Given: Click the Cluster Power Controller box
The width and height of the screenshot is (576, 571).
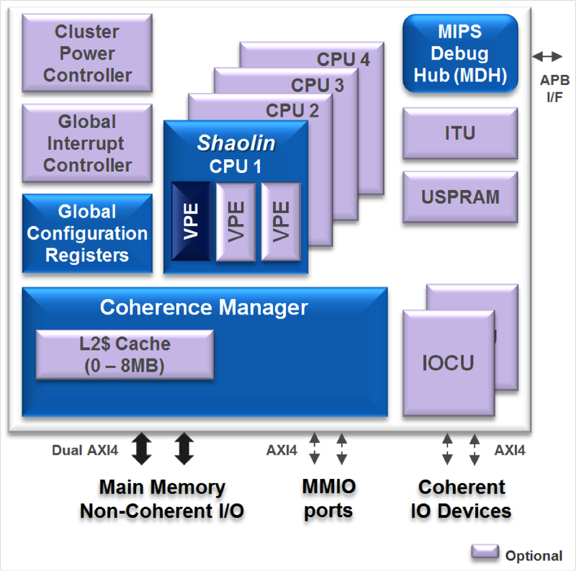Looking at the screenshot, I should click(88, 53).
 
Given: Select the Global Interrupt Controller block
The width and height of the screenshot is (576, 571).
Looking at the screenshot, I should click(88, 143).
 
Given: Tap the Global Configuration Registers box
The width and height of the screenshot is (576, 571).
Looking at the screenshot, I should click(88, 233).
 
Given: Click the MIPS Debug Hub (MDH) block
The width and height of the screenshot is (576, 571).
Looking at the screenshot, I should click(460, 54).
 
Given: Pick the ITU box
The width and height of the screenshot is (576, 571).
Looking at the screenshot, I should click(460, 133).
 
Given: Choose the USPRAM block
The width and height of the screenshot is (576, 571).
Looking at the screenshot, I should click(460, 197).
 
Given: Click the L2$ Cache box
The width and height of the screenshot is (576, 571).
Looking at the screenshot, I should click(125, 354).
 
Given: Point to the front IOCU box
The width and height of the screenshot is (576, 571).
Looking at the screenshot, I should click(448, 362).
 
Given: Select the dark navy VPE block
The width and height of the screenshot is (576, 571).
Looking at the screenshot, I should click(191, 222).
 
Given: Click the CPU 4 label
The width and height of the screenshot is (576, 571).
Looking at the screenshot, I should click(343, 60).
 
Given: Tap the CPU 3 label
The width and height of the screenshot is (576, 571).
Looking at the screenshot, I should click(318, 85).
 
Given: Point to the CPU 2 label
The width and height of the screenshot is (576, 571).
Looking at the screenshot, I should click(292, 111).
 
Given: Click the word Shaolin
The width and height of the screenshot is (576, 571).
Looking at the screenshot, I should click(236, 143).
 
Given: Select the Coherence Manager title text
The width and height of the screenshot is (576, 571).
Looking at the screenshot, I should click(204, 307).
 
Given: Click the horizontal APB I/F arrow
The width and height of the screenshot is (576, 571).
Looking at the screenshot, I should click(549, 55).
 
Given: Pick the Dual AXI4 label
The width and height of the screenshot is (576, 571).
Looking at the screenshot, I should click(86, 451).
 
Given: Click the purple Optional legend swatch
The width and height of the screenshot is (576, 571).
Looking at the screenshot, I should click(485, 552).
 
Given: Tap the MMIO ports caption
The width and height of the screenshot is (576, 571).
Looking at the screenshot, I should click(328, 499).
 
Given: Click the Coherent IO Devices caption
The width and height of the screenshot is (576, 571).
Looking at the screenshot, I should click(461, 499).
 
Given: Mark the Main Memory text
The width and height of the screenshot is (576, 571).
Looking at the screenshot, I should click(162, 487).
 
